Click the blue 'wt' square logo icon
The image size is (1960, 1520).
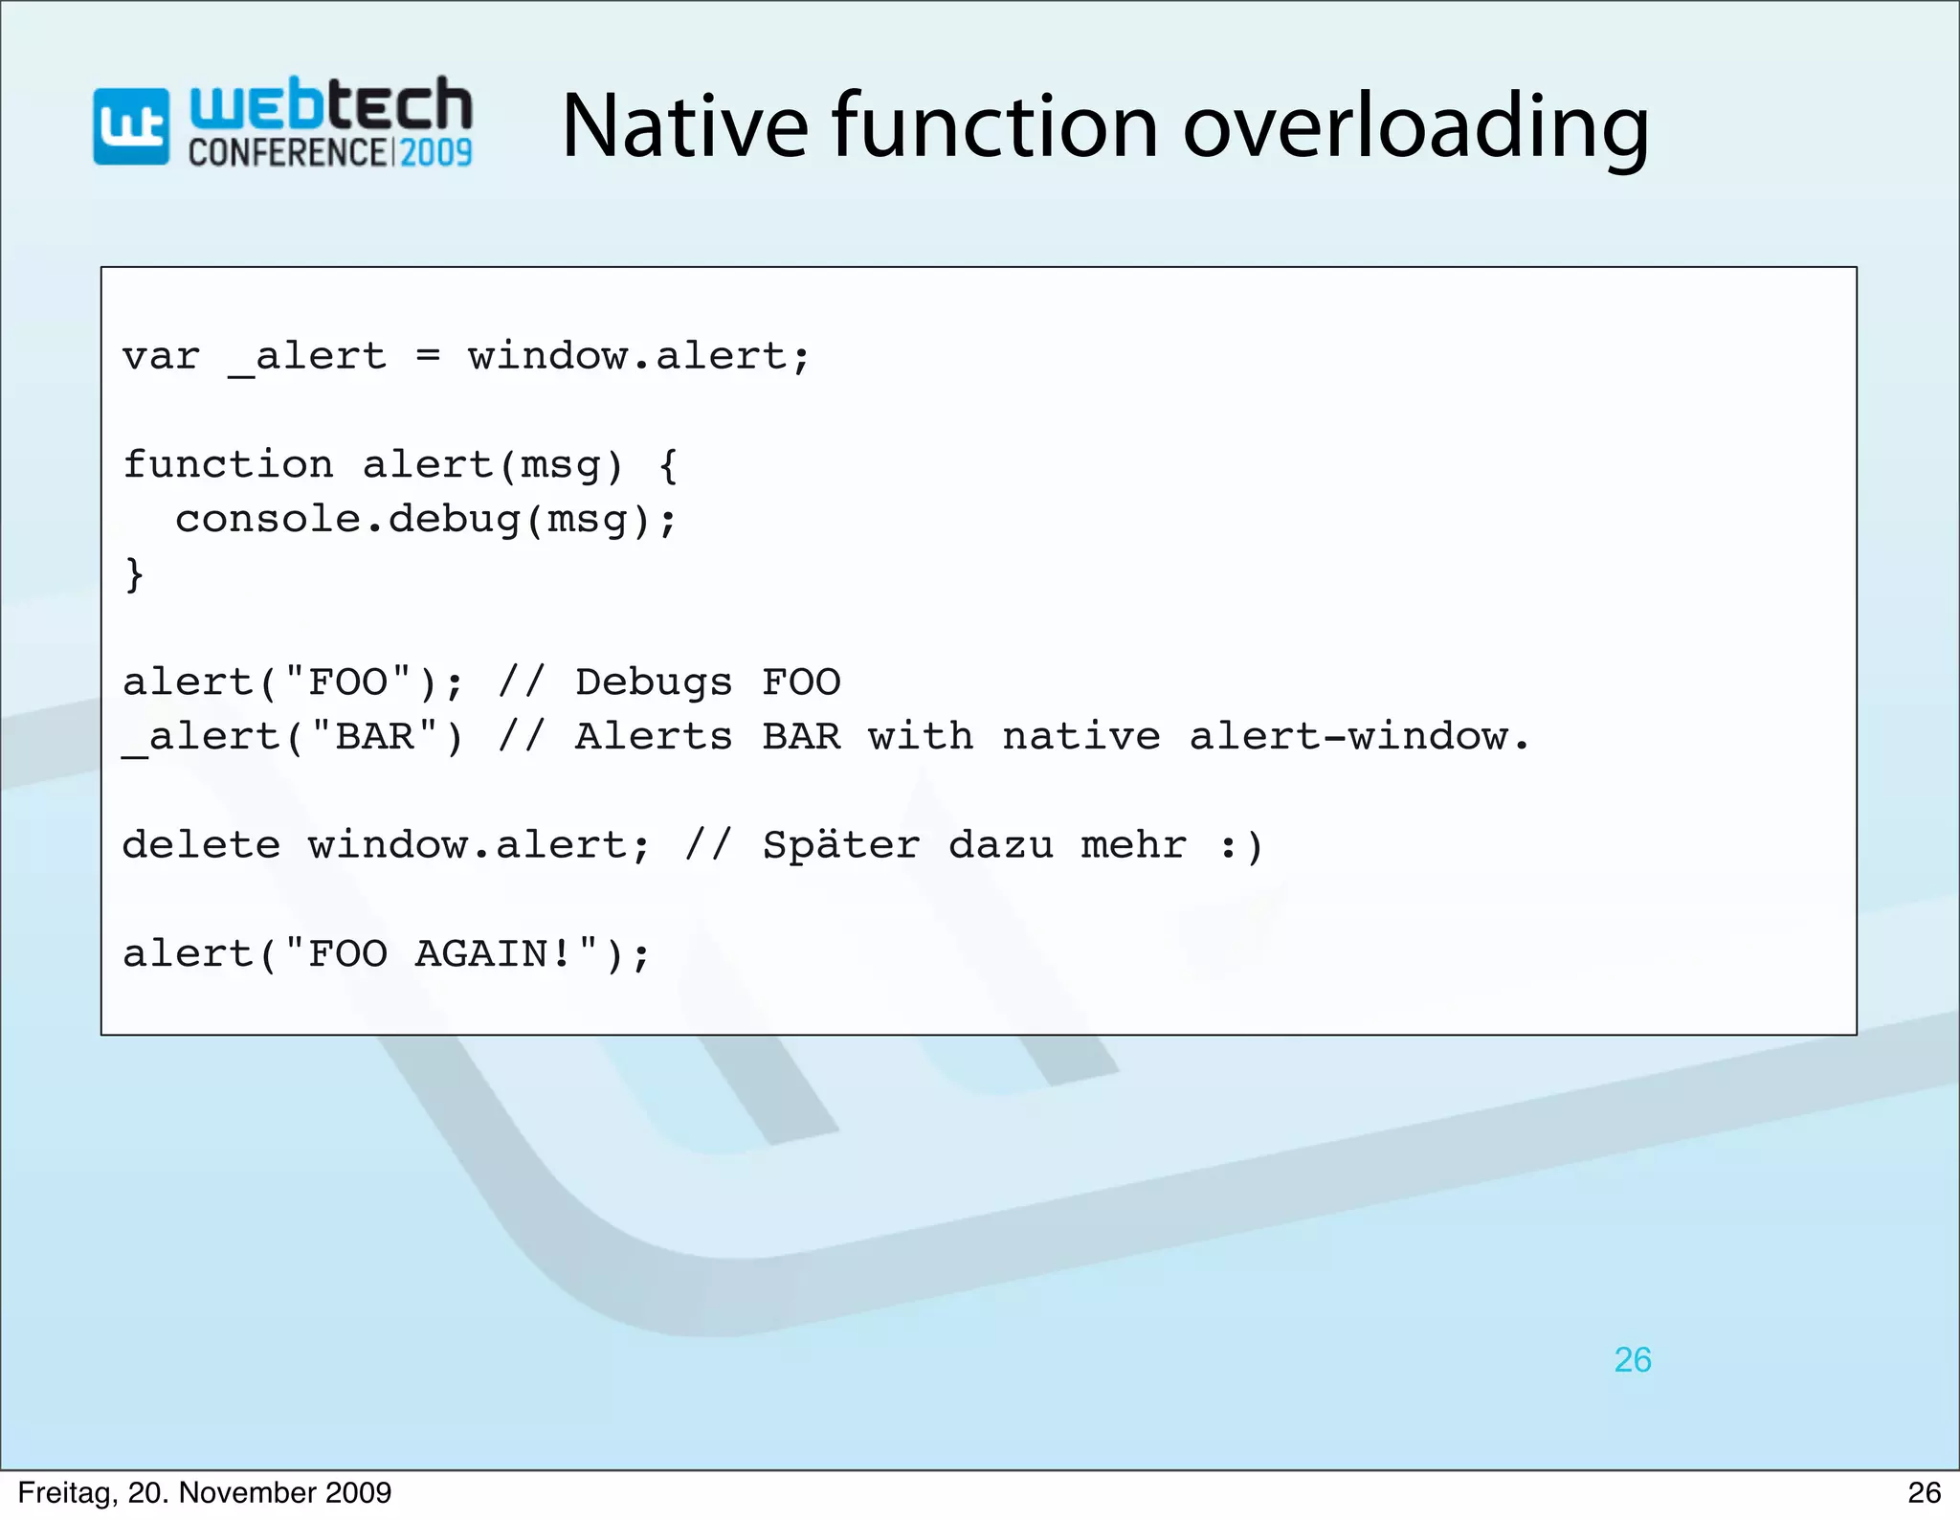coord(131,126)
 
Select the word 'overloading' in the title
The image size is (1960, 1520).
coord(1416,129)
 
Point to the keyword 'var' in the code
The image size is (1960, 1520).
coord(161,357)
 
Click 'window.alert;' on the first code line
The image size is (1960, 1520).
coord(638,357)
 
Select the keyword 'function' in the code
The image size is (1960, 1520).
coord(228,465)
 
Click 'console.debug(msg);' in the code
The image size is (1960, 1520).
coord(426,520)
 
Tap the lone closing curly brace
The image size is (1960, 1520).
coord(135,574)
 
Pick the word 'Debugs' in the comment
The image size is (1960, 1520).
coord(654,682)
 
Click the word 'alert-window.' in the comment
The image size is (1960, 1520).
coord(1359,737)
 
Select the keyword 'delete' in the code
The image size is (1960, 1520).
coord(201,845)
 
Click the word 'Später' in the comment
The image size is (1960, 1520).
coord(840,845)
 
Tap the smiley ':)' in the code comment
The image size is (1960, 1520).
coord(1241,846)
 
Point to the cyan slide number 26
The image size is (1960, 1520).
coord(1633,1360)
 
